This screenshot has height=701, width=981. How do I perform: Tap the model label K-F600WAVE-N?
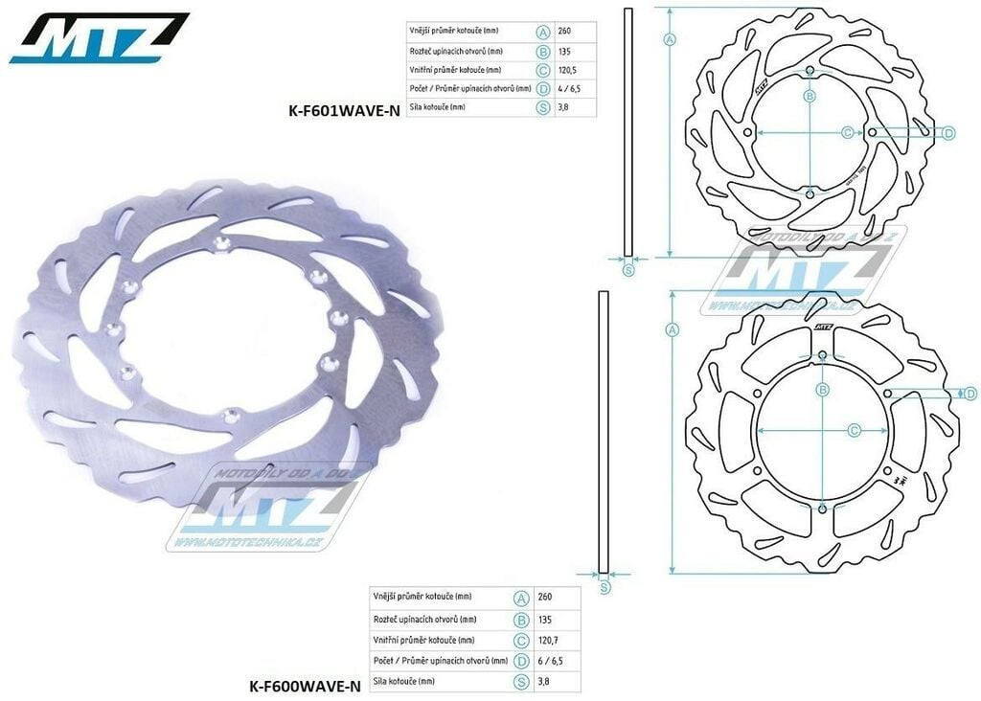pyautogui.click(x=305, y=685)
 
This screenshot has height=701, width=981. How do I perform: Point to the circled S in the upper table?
pyautogui.click(x=543, y=107)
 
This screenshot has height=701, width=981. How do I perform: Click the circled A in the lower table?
pyautogui.click(x=521, y=598)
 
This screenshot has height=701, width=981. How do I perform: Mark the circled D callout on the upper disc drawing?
pyautogui.click(x=948, y=133)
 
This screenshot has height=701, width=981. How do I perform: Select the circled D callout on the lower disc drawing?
pyautogui.click(x=969, y=394)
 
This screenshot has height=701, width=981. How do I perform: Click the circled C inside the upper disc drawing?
pyautogui.click(x=847, y=132)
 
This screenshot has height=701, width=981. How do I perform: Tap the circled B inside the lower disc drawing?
pyautogui.click(x=822, y=389)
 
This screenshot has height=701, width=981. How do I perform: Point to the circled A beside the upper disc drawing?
pyautogui.click(x=670, y=39)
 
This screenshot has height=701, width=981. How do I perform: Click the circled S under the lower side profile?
pyautogui.click(x=605, y=587)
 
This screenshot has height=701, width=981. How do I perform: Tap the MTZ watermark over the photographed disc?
pyautogui.click(x=268, y=508)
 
